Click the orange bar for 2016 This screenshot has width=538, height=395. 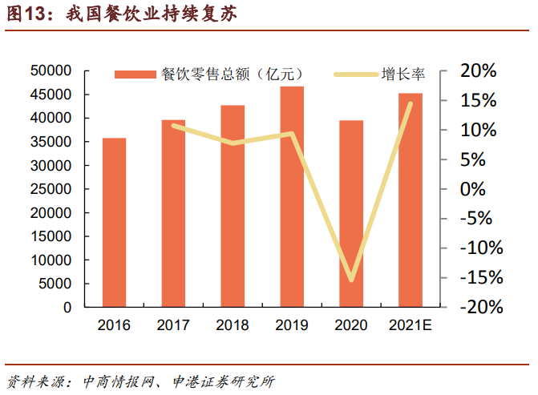(114, 223)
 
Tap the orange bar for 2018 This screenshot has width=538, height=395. (233, 206)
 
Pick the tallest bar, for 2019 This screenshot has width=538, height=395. (292, 196)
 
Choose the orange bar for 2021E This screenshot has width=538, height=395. (411, 200)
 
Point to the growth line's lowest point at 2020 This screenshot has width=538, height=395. (351, 280)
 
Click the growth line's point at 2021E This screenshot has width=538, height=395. (411, 103)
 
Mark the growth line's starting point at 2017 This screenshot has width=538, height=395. (173, 126)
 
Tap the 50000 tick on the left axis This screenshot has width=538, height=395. (51, 71)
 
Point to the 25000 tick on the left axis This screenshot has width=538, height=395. (51, 189)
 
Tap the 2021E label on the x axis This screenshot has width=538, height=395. (411, 325)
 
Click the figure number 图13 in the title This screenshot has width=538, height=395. (25, 14)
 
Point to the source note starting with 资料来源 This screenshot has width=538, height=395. (140, 380)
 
